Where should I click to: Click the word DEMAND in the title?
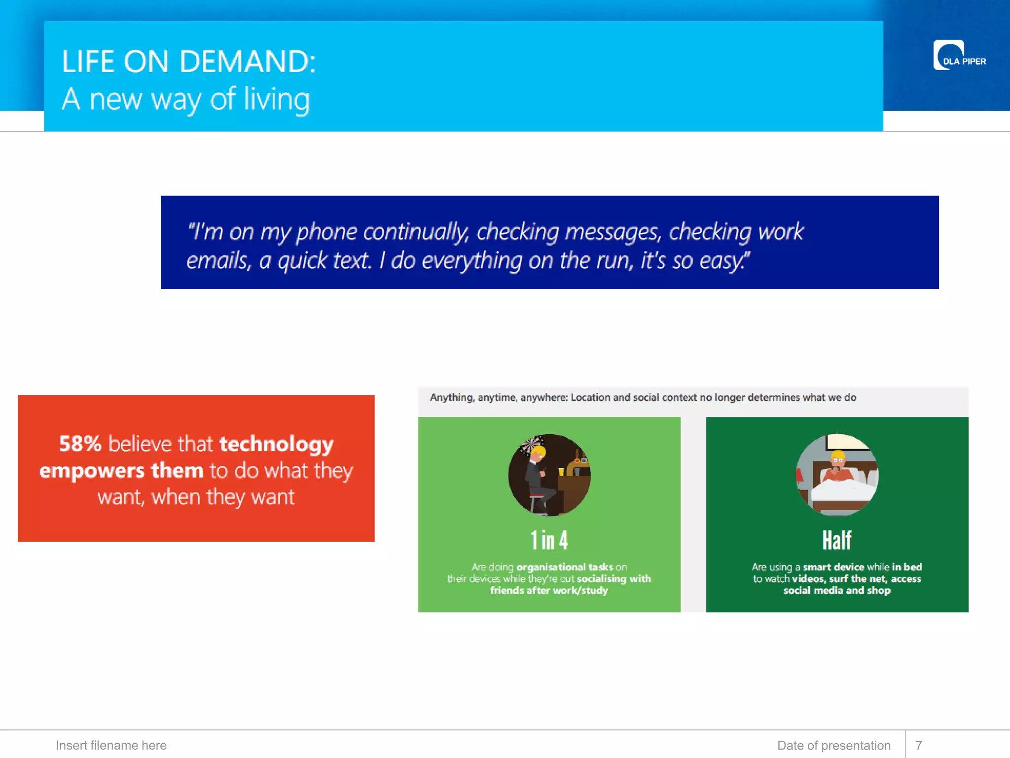coord(247,62)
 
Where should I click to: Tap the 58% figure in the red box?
coord(80,444)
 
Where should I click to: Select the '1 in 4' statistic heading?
coord(549,540)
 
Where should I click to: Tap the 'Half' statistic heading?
coord(836,540)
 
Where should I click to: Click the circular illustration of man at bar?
coord(549,475)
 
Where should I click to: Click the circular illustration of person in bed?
coord(837,475)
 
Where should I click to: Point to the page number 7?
coord(919,745)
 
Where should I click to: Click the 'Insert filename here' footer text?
coord(111,745)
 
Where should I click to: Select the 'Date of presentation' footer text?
coord(833,745)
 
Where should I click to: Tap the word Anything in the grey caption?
coord(451,398)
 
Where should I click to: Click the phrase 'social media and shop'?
coord(837,590)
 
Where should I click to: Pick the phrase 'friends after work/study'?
coord(549,590)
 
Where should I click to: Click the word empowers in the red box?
coord(91,471)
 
